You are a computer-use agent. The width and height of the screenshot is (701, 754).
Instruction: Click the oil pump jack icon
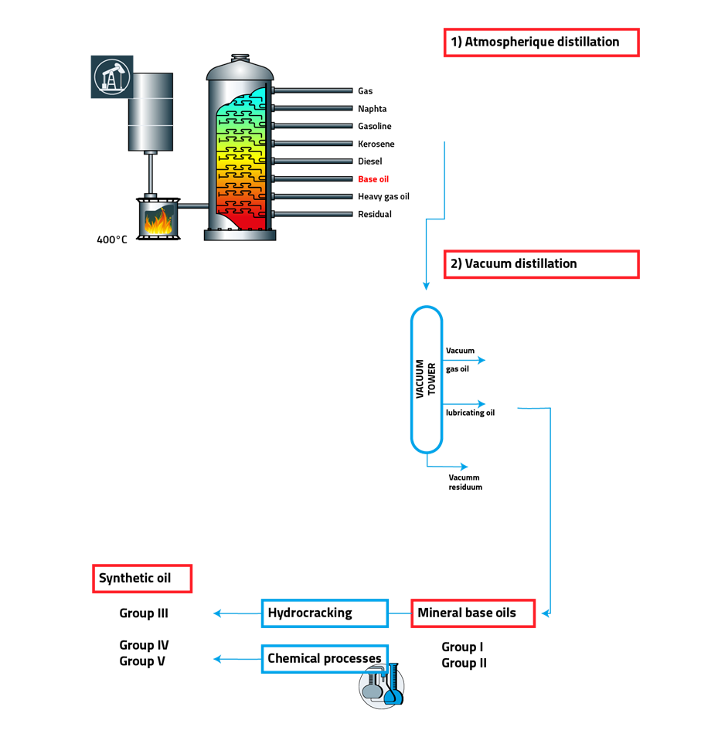tap(112, 76)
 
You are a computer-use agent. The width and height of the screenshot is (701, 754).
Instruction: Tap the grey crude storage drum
tap(151, 111)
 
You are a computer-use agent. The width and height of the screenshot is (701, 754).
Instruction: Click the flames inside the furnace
tap(158, 222)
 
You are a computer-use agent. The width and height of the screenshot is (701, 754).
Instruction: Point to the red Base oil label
tap(373, 179)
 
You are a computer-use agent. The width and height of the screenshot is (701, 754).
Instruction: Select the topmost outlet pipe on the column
tap(312, 90)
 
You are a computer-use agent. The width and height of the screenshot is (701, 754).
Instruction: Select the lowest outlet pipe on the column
tap(312, 214)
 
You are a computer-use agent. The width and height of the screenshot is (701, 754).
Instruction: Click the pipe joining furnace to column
tap(192, 206)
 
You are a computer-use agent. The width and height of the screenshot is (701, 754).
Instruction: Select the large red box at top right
tap(541, 42)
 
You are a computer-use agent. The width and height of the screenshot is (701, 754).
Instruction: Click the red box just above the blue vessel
tap(541, 264)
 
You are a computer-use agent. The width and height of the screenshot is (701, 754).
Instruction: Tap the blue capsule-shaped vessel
tap(427, 379)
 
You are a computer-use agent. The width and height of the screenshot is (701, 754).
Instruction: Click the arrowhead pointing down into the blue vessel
tap(426, 286)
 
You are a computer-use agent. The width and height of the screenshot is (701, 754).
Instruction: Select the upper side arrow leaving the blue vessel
tap(464, 360)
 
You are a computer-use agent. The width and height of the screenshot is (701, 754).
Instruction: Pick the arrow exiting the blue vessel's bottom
tap(448, 466)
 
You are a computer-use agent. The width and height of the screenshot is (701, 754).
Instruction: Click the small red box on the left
tap(142, 579)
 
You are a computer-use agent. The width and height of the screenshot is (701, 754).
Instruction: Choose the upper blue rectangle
tap(325, 613)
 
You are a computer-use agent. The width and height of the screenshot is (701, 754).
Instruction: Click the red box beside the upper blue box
tap(473, 613)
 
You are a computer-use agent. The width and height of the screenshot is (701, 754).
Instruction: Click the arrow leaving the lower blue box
tap(236, 659)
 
